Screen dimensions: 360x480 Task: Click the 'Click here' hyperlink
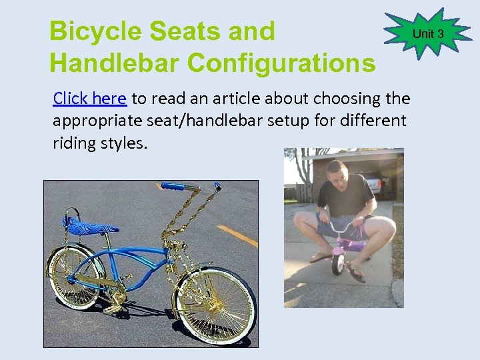(x=89, y=99)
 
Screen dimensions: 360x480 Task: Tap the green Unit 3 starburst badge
(x=427, y=34)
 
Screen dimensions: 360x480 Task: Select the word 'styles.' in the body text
(x=122, y=143)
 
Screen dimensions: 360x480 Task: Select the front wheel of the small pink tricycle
(x=339, y=262)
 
